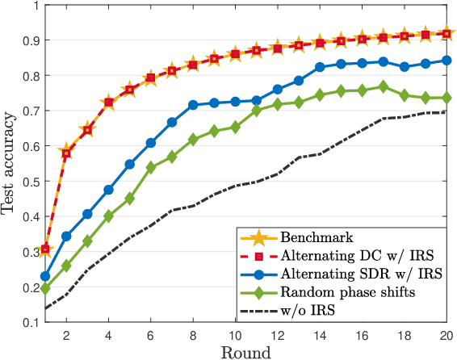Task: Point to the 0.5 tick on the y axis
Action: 29,182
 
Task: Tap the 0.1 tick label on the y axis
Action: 29,323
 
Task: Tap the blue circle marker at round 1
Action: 45,276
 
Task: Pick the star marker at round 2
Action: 66,152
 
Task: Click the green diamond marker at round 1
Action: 45,289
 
